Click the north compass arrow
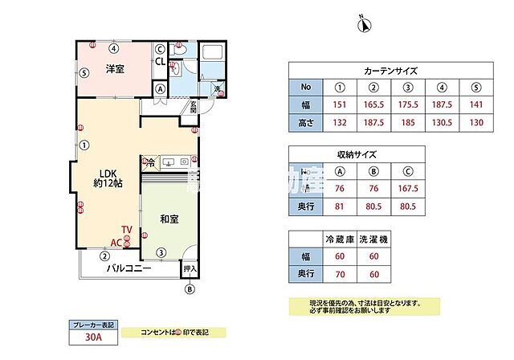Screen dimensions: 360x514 (363, 25)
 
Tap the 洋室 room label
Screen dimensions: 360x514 (115, 70)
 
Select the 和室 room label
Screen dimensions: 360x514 (169, 219)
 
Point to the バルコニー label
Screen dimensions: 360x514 (131, 269)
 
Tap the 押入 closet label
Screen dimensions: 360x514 (190, 268)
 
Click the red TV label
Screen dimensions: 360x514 (127, 230)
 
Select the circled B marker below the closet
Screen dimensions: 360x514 (190, 289)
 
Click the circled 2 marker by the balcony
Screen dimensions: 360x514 (104, 256)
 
